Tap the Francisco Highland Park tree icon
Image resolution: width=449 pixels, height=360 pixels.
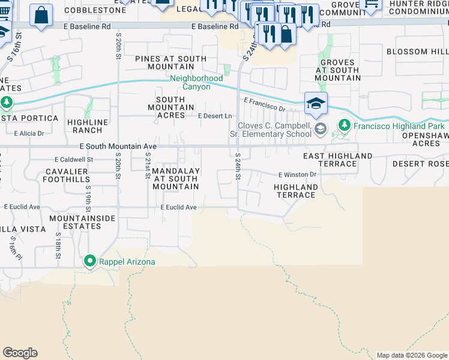pos(344,126)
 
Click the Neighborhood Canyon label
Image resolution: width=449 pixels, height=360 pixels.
pos(197,83)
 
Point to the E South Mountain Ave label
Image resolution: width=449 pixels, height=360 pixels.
pos(118,146)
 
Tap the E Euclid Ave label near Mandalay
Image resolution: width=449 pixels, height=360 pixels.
pos(178,208)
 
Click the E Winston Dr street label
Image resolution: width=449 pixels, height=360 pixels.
pos(297,175)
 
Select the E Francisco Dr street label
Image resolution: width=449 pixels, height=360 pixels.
pos(264,105)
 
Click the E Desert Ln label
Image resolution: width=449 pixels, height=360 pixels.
pos(215,116)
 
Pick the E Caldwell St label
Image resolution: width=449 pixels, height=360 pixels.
pos(74,160)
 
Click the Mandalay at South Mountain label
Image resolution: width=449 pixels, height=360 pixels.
pos(175,179)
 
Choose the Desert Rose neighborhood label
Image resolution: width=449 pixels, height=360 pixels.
pos(420,164)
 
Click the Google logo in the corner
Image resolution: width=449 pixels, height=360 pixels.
pos(20,353)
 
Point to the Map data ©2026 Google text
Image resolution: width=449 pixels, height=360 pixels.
pos(412,355)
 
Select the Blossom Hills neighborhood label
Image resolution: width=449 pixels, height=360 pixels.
pos(417,52)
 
